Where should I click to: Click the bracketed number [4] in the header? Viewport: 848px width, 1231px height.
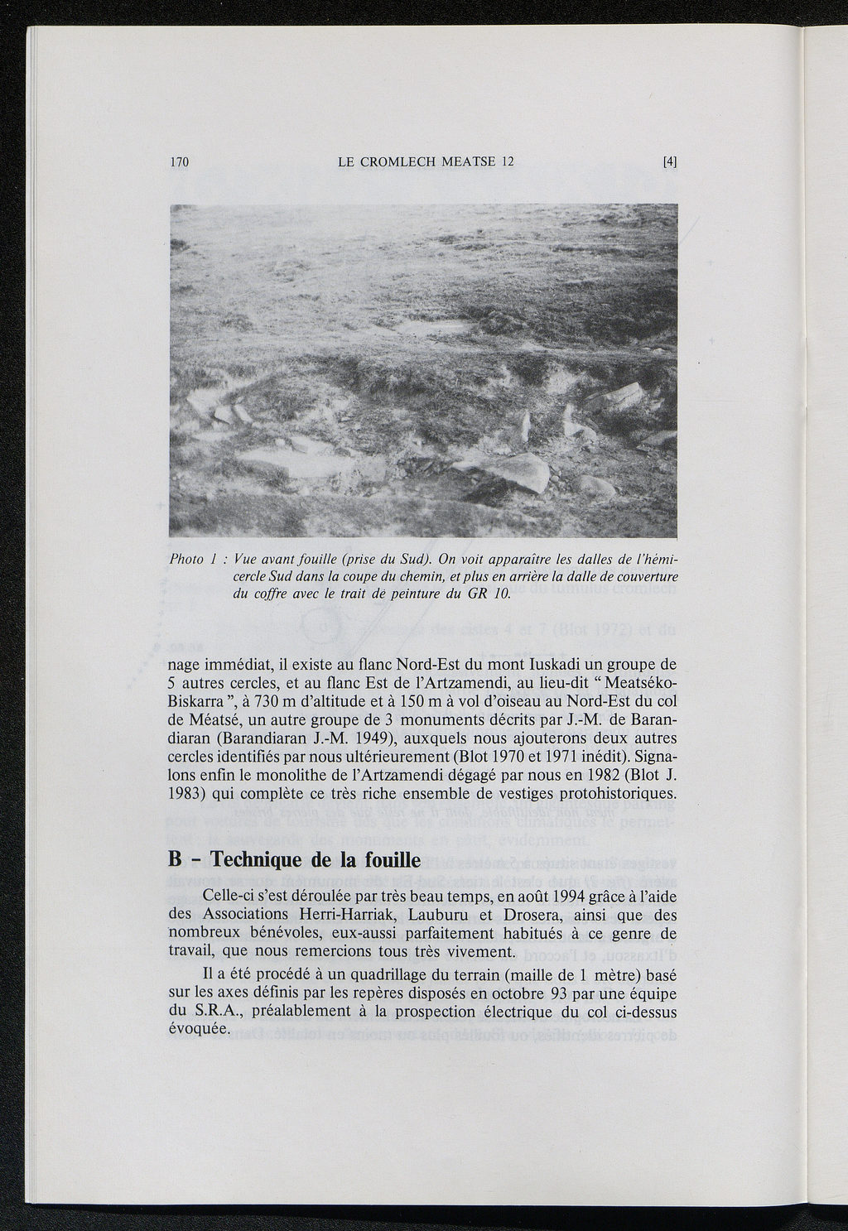(670, 162)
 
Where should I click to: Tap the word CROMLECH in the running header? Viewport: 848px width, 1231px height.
(397, 162)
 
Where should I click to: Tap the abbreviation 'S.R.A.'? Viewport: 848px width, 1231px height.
(195, 1011)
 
